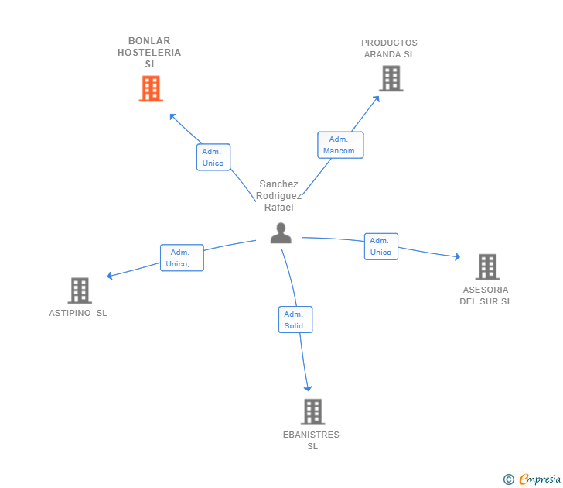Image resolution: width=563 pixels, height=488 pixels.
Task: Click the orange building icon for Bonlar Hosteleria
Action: coord(151,88)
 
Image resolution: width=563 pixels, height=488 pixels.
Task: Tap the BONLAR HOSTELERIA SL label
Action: coord(149,53)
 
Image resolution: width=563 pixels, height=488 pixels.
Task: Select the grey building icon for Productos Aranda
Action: coord(391,78)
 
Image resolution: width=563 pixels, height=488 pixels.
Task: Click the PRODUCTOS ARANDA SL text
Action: coord(389,49)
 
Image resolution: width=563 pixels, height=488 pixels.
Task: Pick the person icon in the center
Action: coord(281,232)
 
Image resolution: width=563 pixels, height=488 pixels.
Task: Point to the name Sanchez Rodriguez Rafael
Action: coord(278,196)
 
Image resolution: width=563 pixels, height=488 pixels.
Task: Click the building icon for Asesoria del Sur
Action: coord(487,266)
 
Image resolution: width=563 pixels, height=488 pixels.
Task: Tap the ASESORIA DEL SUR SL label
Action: coord(486,296)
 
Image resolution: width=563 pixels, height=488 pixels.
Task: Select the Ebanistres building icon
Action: coord(312,411)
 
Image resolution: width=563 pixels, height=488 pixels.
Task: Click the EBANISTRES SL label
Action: coord(311,440)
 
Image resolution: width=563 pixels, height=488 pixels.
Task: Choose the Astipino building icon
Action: coord(80,290)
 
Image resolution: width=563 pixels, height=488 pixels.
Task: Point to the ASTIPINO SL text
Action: coord(78,313)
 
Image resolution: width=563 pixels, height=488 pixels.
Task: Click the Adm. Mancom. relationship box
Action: coord(340,145)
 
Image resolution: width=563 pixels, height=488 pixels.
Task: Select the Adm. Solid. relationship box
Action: coord(295,320)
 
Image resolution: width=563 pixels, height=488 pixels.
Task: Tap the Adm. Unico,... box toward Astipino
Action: coord(182,258)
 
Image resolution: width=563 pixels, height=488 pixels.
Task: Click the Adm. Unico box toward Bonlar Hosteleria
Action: coord(213,157)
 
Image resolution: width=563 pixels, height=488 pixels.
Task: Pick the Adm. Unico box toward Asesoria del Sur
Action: coord(380,246)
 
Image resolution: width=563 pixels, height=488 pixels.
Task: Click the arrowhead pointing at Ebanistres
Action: coord(308,388)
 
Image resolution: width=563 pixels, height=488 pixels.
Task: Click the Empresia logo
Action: coord(533,479)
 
